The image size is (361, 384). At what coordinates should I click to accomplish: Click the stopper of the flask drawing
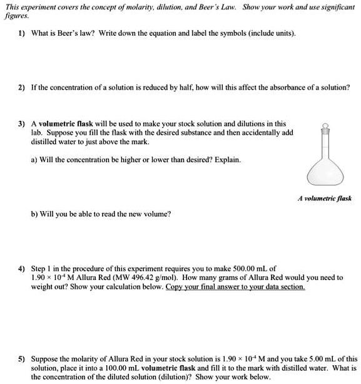point(325,129)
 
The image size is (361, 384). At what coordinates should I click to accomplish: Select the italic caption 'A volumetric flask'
point(324,198)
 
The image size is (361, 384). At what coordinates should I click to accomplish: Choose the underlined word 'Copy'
point(175,286)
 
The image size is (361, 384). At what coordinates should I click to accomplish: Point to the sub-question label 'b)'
point(35,214)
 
